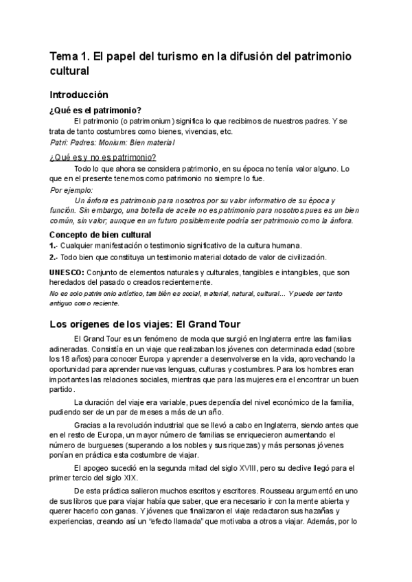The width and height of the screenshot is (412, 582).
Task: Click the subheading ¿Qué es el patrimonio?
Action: (95, 111)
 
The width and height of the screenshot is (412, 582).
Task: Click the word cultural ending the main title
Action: (69, 70)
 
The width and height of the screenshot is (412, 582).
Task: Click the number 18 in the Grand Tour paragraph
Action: (63, 359)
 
